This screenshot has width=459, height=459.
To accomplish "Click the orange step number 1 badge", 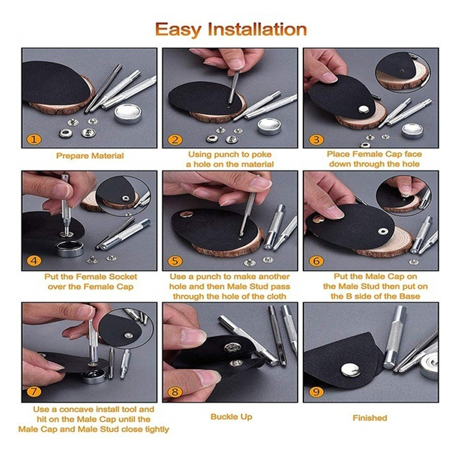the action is (x=34, y=139).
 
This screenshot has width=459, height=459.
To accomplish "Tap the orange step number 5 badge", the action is (x=175, y=261).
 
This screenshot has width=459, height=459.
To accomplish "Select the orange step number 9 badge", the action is (x=316, y=392).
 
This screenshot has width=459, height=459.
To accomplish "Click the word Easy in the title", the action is (x=178, y=30).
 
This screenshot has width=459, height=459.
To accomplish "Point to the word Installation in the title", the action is (x=257, y=29).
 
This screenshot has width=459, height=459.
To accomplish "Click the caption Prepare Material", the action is (x=90, y=155).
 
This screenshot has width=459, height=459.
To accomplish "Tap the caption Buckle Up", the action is (x=231, y=417).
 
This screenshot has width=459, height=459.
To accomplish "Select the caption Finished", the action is (x=369, y=418).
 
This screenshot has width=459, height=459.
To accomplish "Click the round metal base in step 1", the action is (x=127, y=114).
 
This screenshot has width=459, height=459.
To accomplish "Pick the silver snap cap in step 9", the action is (x=351, y=369).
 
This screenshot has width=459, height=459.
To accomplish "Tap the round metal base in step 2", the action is (x=269, y=126).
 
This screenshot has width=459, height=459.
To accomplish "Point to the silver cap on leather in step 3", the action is (x=364, y=109).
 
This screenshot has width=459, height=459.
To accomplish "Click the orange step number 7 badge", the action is (x=34, y=392).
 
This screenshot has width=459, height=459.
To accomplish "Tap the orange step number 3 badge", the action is (x=316, y=139).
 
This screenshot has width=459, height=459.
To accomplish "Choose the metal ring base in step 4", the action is (x=70, y=248).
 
